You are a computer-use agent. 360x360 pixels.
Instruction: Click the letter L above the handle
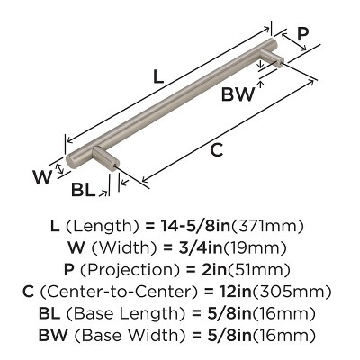click(158, 78)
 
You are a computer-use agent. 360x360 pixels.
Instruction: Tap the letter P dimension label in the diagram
click(302, 34)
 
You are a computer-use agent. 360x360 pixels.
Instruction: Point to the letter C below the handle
click(216, 150)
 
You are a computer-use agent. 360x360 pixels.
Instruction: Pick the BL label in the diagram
click(85, 191)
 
